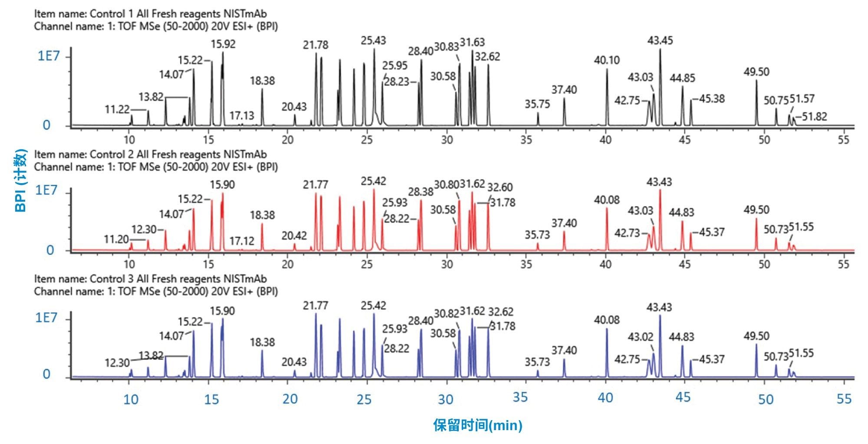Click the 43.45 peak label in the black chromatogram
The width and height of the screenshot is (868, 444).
(x=660, y=41)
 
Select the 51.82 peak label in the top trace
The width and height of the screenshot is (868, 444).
(x=814, y=116)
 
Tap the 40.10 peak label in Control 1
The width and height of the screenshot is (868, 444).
(x=606, y=60)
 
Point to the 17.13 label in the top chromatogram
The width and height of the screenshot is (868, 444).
(x=242, y=115)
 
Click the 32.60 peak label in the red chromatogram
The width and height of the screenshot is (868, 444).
(x=500, y=187)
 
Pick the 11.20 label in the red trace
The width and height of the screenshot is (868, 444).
(x=116, y=239)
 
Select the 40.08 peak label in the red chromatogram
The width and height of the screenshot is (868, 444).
(x=606, y=200)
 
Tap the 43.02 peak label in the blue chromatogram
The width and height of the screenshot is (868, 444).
(x=640, y=337)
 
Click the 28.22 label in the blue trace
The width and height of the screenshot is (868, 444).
(x=396, y=348)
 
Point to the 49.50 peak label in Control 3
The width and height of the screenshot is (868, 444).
(x=756, y=336)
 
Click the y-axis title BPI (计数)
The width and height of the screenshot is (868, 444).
(x=21, y=180)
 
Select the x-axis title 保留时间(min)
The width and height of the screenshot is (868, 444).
(x=477, y=425)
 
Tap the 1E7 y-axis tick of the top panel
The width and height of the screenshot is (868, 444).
(x=48, y=56)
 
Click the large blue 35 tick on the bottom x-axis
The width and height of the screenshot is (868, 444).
(x=520, y=397)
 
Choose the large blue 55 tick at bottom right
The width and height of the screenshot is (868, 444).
(x=844, y=398)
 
